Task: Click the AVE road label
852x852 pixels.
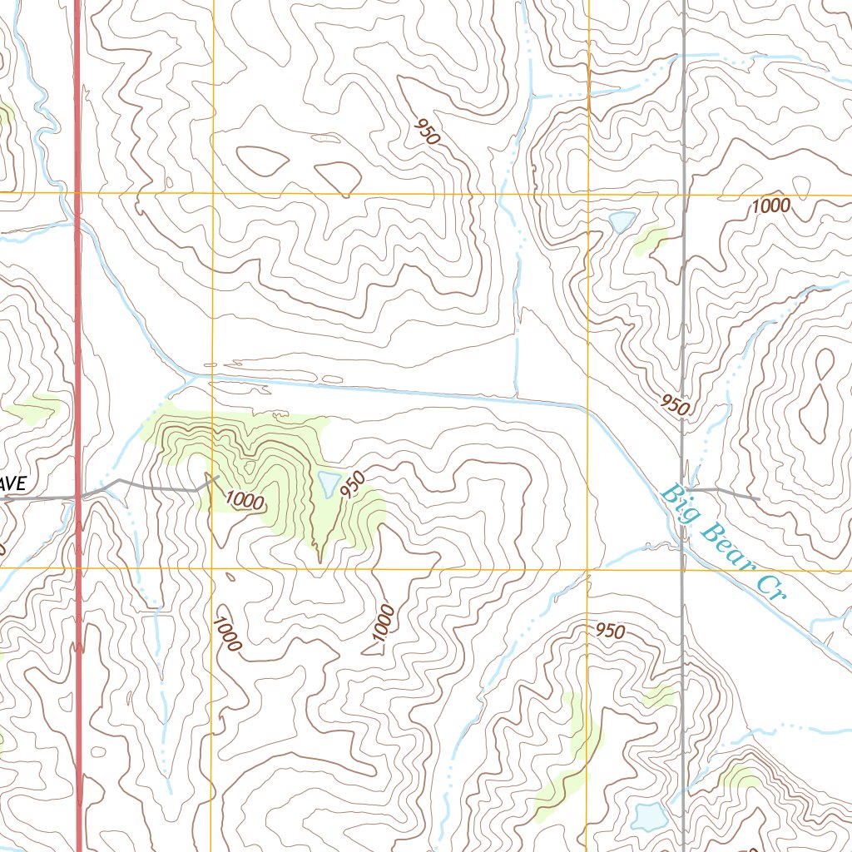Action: click(x=14, y=483)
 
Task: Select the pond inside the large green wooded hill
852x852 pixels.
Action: click(x=327, y=483)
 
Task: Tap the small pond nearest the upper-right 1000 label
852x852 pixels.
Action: click(x=622, y=221)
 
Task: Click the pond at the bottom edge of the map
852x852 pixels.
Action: click(x=647, y=816)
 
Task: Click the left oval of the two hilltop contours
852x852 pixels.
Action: click(x=263, y=161)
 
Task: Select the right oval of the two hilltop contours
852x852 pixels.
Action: click(x=338, y=177)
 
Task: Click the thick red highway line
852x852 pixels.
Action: click(x=78, y=333)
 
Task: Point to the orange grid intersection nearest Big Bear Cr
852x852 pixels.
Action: click(x=587, y=570)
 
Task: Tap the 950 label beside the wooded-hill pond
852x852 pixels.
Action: click(x=354, y=485)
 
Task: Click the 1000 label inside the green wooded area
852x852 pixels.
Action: click(x=245, y=502)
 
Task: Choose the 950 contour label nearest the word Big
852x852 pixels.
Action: click(x=676, y=405)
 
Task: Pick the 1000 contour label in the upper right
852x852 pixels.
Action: click(x=770, y=206)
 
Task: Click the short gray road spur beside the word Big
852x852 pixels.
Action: click(x=724, y=493)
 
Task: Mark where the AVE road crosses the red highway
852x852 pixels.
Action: click(x=79, y=498)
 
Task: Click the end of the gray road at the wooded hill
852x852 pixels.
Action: click(x=216, y=477)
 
